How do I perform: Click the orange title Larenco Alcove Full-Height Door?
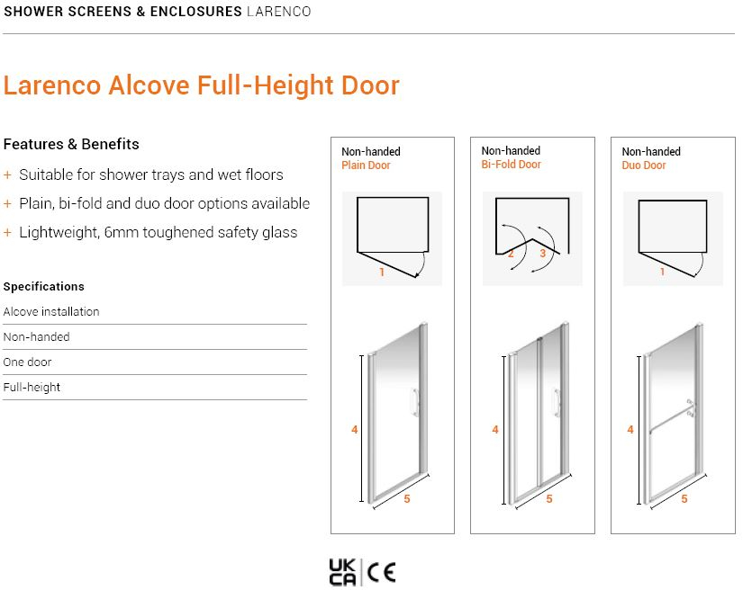pyautogui.click(x=202, y=85)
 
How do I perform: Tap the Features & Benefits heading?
pyautogui.click(x=71, y=144)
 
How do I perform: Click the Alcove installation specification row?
pyautogui.click(x=51, y=311)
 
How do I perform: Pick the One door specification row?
pyautogui.click(x=27, y=362)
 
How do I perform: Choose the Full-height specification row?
pyautogui.click(x=32, y=387)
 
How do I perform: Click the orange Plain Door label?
pyautogui.click(x=366, y=165)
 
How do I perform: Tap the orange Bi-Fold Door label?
pyautogui.click(x=511, y=165)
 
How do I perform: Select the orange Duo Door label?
pyautogui.click(x=644, y=165)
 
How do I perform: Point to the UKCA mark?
pyautogui.click(x=342, y=572)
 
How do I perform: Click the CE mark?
pyautogui.click(x=382, y=573)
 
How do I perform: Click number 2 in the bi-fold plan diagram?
pyautogui.click(x=511, y=254)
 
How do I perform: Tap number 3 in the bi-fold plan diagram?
pyautogui.click(x=543, y=253)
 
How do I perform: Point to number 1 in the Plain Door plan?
pyautogui.click(x=382, y=272)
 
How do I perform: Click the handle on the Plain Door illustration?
pyautogui.click(x=415, y=403)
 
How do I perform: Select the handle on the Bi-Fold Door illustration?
pyautogui.click(x=557, y=403)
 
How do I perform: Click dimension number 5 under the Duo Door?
pyautogui.click(x=684, y=498)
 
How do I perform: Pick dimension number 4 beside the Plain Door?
pyautogui.click(x=355, y=430)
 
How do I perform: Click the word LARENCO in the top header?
pyautogui.click(x=278, y=12)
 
